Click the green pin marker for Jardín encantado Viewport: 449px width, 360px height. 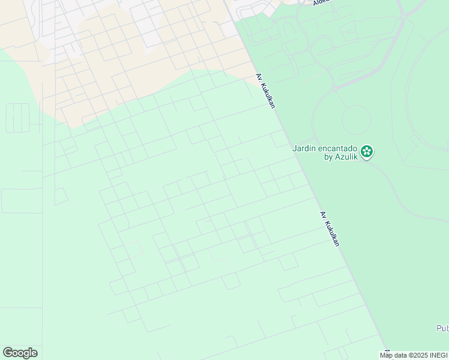pyautogui.click(x=367, y=152)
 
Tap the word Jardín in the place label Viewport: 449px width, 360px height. pyautogui.click(x=304, y=148)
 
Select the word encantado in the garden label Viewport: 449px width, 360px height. pyautogui.click(x=338, y=148)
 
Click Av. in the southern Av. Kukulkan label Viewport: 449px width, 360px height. pyautogui.click(x=323, y=215)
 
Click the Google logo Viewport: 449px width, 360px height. pyautogui.click(x=20, y=353)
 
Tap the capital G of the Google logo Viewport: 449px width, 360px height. pyautogui.click(x=8, y=353)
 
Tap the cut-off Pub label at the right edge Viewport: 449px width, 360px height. pyautogui.click(x=442, y=328)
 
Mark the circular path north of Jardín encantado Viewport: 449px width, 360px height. pyautogui.click(x=356, y=119)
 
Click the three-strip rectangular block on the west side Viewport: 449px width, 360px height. pyautogui.click(x=17, y=118)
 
